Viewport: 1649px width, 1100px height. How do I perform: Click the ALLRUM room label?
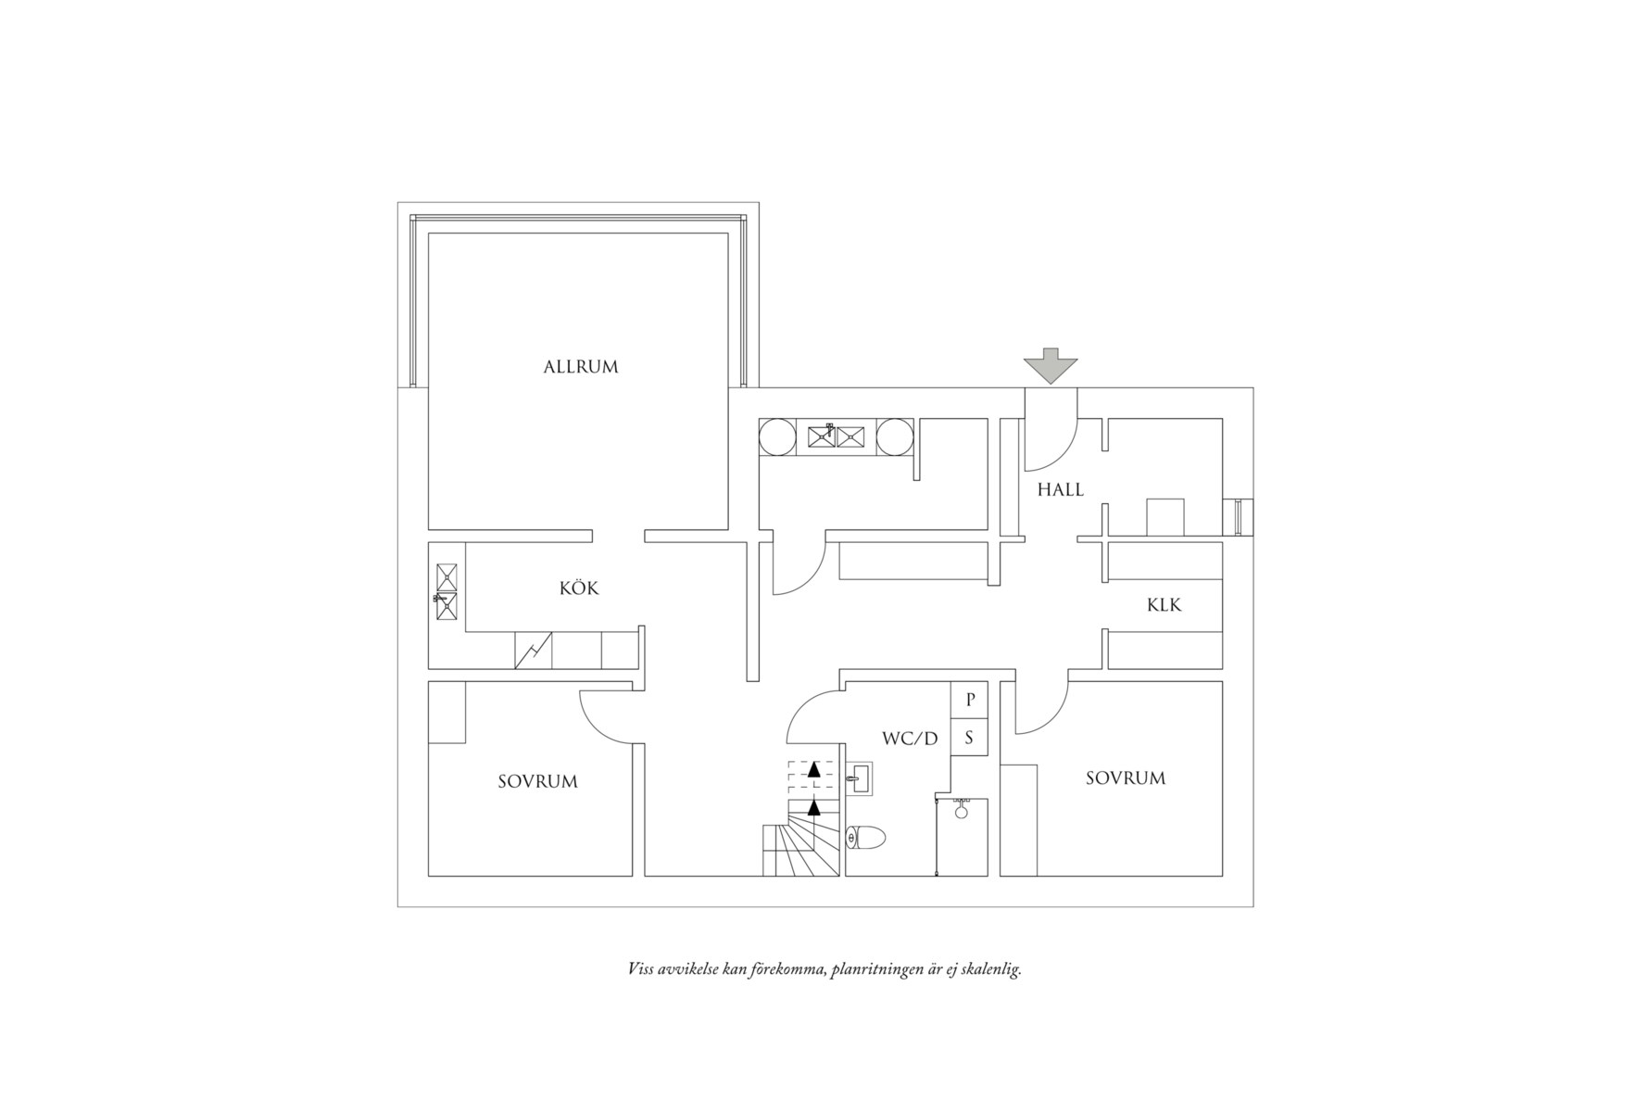(580, 367)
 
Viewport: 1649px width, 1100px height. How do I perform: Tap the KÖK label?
(579, 588)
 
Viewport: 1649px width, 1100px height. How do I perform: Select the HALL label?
(1060, 489)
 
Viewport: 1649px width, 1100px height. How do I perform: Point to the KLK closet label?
(1164, 605)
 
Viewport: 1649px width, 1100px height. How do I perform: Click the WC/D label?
(910, 739)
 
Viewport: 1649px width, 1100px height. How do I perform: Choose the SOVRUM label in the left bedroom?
(537, 781)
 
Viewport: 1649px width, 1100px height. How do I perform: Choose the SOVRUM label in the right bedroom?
(1125, 778)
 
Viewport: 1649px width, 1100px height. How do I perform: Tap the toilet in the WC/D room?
(867, 839)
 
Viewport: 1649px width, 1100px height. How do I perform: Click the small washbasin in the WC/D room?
(858, 778)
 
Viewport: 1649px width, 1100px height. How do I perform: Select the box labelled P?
(970, 700)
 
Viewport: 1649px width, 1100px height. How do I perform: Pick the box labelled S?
(970, 739)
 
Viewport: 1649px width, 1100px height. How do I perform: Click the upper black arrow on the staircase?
(813, 768)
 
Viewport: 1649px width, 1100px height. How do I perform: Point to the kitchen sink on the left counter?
(447, 590)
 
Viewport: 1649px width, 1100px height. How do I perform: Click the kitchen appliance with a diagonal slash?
(534, 651)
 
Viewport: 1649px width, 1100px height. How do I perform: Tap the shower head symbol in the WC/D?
(962, 811)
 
